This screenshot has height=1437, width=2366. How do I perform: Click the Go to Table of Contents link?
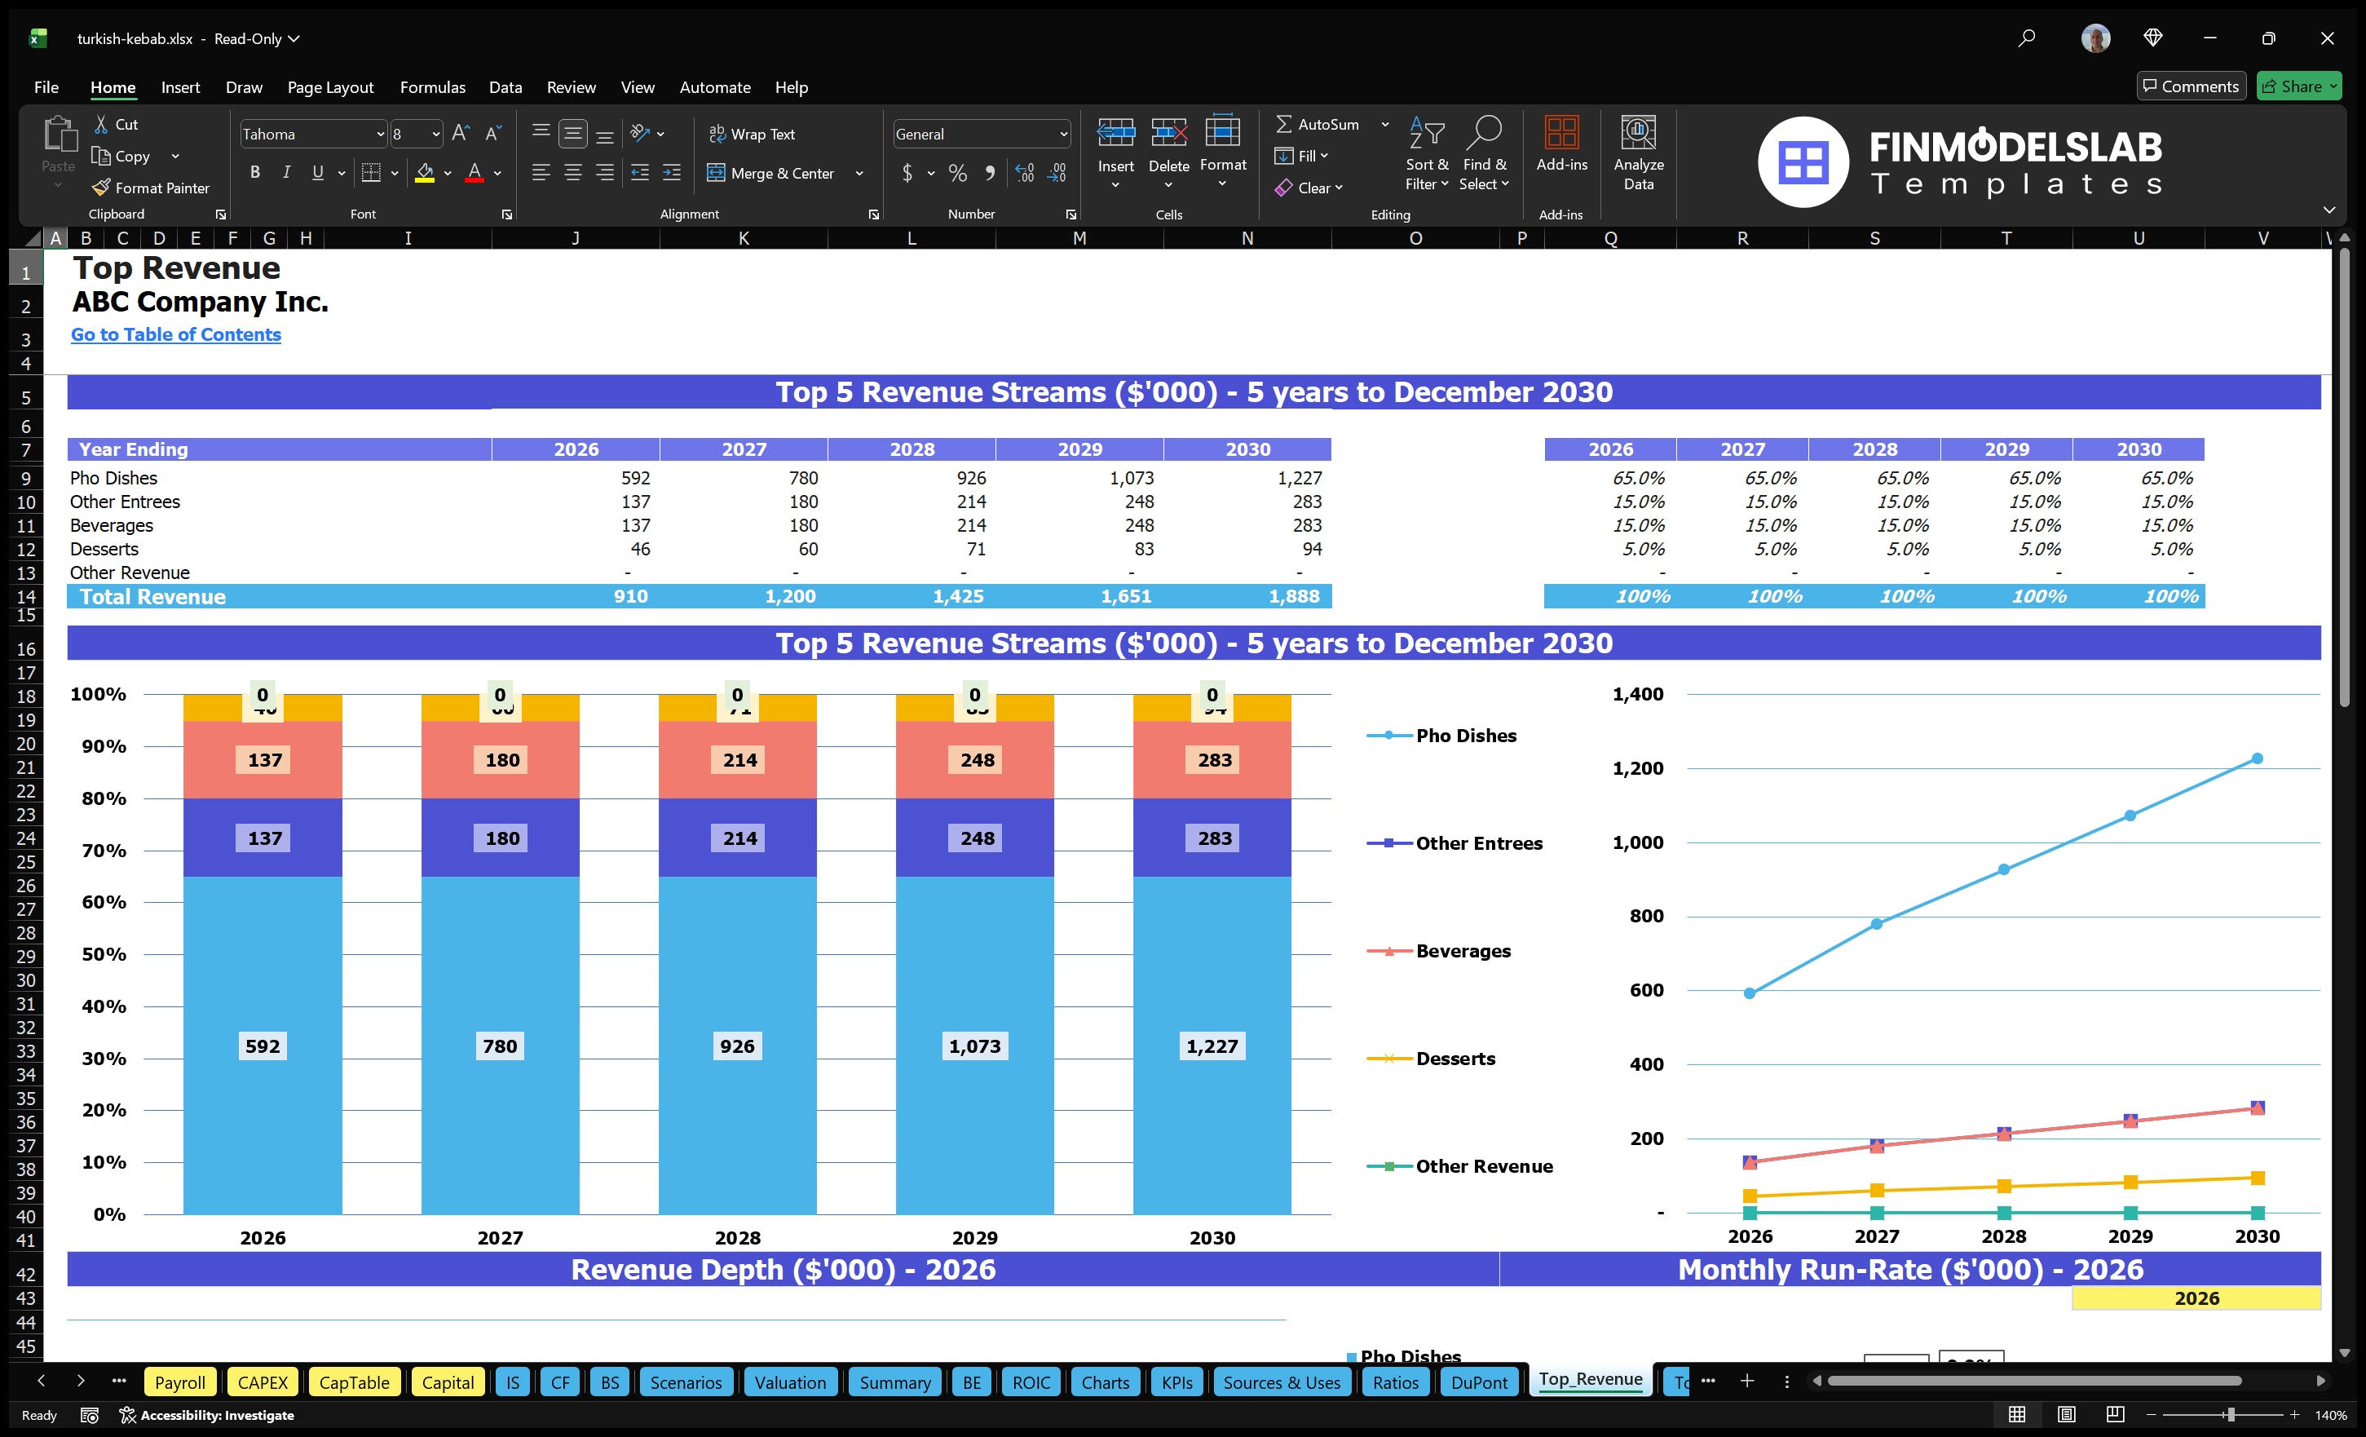pos(176,334)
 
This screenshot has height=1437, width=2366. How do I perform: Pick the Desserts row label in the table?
pos(104,549)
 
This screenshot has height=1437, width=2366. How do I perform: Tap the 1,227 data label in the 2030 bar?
pos(1212,1046)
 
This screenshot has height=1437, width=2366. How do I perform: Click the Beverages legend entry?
pos(1463,951)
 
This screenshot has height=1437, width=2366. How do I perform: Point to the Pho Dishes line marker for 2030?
pos(2257,758)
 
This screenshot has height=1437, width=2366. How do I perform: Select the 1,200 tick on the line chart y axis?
pos(1637,768)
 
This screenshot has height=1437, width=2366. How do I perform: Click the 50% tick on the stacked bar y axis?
pos(104,954)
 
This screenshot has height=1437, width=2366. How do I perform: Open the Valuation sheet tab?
pos(789,1382)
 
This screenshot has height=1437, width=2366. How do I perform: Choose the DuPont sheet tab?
pos(1478,1382)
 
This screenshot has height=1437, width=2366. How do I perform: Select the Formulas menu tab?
pos(432,87)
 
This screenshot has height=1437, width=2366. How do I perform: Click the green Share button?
pos(2298,86)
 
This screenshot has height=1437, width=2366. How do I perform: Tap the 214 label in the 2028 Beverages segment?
pos(739,760)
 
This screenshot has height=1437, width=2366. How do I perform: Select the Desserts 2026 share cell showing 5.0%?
pos(1643,549)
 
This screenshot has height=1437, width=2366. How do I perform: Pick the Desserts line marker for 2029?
pos(2130,1183)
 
